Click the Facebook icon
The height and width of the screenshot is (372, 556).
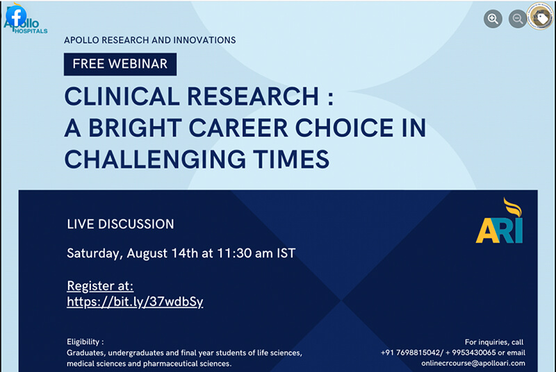[16, 15]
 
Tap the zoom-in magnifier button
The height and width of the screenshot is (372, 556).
[493, 19]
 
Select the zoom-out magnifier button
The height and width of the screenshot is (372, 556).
[518, 19]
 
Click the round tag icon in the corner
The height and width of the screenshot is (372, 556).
[540, 16]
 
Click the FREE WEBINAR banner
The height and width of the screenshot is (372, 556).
[120, 64]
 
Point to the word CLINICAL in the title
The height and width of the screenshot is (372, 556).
[122, 96]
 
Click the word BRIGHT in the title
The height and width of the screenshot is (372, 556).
[135, 128]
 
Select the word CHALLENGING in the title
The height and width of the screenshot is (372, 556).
[155, 159]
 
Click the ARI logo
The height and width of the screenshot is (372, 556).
[499, 221]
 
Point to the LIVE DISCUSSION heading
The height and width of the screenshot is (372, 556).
[120, 224]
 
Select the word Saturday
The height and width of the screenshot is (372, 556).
[95, 254]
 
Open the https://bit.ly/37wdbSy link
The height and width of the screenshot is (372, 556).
[135, 302]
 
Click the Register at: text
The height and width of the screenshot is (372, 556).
[100, 286]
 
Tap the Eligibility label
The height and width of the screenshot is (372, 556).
[85, 342]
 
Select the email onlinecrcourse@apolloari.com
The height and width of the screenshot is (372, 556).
[473, 363]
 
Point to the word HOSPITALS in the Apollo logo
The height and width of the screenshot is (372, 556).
[31, 31]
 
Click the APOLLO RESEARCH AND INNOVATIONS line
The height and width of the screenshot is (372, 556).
[150, 40]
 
